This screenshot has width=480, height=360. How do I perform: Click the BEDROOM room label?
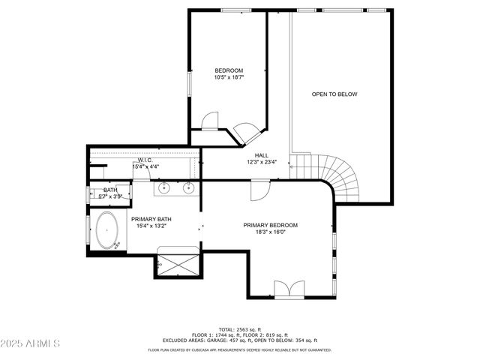(x=229, y=70)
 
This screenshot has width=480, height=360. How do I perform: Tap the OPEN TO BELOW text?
(x=334, y=94)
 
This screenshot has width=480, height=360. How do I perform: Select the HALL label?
(x=262, y=155)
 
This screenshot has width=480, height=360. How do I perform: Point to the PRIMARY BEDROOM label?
(x=270, y=225)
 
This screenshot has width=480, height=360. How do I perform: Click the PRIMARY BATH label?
(x=151, y=219)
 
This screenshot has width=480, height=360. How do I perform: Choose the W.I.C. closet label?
(x=145, y=160)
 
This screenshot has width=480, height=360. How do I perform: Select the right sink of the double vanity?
(x=189, y=187)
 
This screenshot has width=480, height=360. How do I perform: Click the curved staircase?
(x=337, y=180)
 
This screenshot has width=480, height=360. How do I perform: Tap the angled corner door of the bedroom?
(x=245, y=133)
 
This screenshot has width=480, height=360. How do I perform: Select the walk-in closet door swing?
(x=210, y=122)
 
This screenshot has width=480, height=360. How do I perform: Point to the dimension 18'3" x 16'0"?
(x=270, y=232)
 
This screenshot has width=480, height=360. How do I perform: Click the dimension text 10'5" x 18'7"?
(x=229, y=77)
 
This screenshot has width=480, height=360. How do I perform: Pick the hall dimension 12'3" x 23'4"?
(x=262, y=162)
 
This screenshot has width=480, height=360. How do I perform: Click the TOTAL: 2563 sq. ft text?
(x=239, y=329)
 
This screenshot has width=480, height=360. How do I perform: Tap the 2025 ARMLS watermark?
(x=30, y=343)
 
